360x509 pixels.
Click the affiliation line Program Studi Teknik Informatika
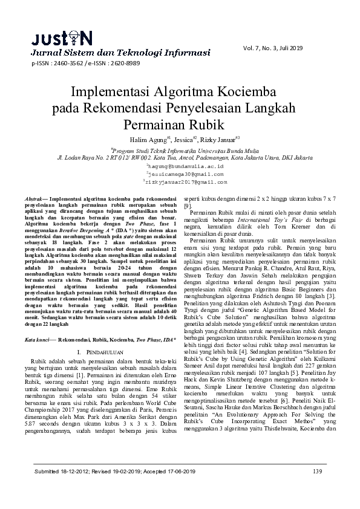pyautogui.click(x=179, y=149)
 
